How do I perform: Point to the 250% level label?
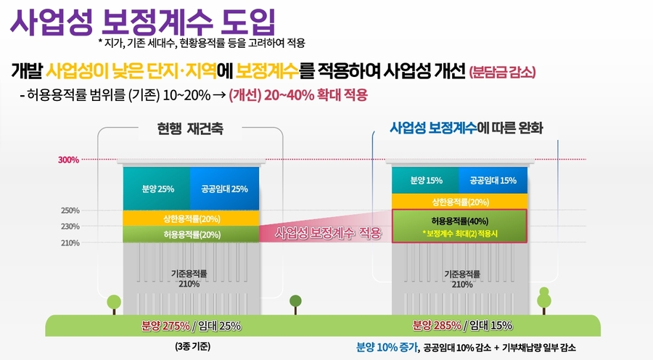click(x=70, y=210)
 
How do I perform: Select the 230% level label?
click(x=70, y=226)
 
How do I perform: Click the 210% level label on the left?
click(x=70, y=242)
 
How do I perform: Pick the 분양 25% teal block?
click(x=157, y=189)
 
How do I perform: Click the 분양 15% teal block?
click(x=425, y=181)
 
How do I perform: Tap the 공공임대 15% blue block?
click(x=493, y=181)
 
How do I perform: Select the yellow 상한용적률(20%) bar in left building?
click(x=192, y=218)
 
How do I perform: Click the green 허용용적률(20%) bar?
click(x=192, y=234)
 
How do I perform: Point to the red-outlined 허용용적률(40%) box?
click(x=459, y=226)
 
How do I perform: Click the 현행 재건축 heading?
click(x=190, y=130)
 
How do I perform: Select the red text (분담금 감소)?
click(x=502, y=72)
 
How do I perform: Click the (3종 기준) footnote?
click(x=192, y=347)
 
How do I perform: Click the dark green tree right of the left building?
click(x=295, y=302)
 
